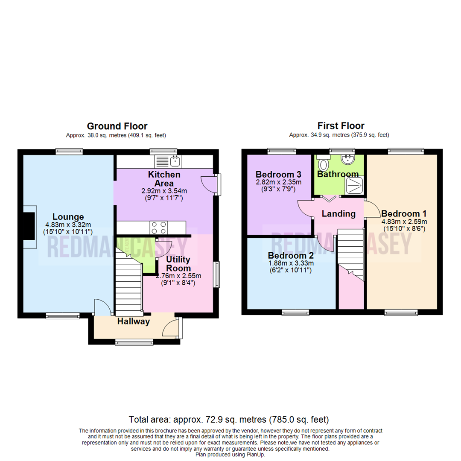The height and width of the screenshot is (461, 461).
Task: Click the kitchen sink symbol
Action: click(169, 161)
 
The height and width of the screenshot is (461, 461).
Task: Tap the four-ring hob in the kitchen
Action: click(157, 227)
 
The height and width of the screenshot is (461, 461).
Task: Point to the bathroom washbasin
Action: click(348, 160)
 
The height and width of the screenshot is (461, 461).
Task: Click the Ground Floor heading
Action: click(117, 126)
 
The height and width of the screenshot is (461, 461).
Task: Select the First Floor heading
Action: click(341, 126)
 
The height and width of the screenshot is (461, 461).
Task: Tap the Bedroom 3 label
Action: click(278, 175)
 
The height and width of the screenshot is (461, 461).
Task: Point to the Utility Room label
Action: click(178, 263)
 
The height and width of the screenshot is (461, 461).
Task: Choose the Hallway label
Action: click(134, 322)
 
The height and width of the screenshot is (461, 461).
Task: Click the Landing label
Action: click(338, 213)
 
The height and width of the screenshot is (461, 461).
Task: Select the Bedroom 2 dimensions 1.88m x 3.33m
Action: click(290, 263)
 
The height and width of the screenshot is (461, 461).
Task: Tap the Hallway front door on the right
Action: click(172, 327)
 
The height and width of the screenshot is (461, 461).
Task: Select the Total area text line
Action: click(229, 419)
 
